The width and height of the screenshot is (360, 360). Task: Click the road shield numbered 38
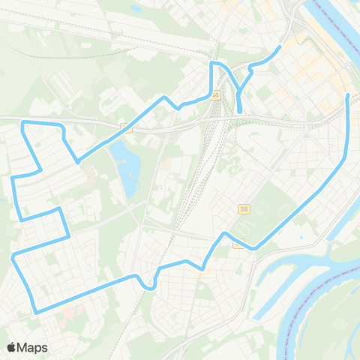[244, 208]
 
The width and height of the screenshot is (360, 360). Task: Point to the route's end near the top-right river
[280, 47]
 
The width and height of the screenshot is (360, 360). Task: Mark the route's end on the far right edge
[348, 94]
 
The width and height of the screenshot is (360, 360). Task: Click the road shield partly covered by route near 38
[238, 244]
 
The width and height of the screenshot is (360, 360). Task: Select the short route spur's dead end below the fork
[239, 112]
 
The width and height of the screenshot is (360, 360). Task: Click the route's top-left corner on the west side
[23, 121]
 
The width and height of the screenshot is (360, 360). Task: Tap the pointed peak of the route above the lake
[165, 97]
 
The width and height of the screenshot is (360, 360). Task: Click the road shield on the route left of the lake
[127, 128]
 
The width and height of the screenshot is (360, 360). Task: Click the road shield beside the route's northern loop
[216, 95]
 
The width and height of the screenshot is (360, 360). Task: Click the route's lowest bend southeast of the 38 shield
[256, 248]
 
